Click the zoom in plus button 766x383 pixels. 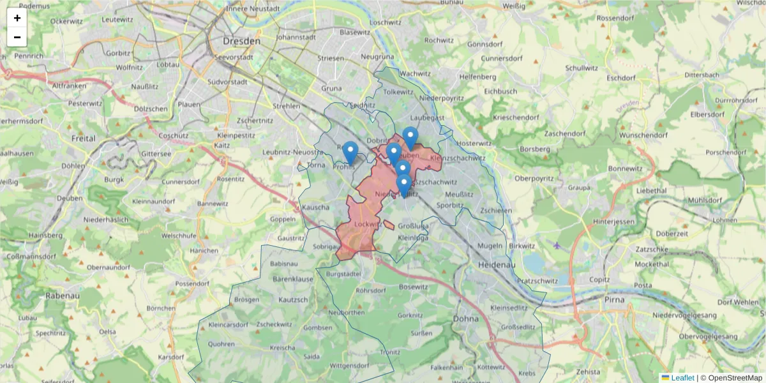click(x=17, y=18)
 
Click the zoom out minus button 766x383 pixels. click(x=17, y=37)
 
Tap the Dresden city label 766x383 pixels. click(x=242, y=41)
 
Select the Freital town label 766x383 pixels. click(x=84, y=138)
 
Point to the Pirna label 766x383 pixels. click(x=617, y=299)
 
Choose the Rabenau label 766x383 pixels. click(x=62, y=296)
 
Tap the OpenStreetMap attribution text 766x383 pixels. click(x=733, y=378)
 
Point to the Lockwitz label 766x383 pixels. click(x=366, y=224)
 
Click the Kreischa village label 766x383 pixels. click(x=283, y=348)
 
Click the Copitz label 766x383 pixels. click(x=600, y=280)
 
